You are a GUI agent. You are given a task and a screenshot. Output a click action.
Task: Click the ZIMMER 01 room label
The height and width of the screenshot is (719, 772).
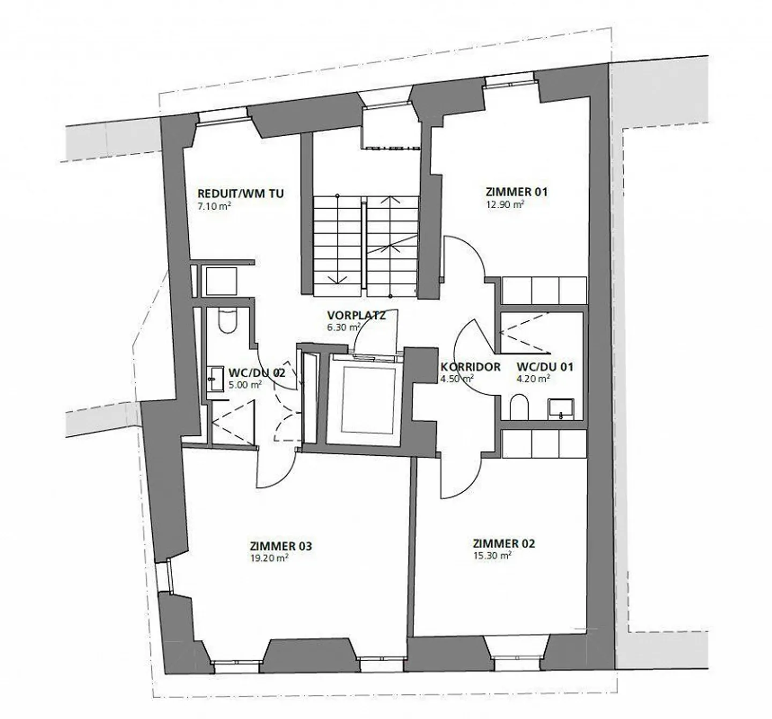[516, 191]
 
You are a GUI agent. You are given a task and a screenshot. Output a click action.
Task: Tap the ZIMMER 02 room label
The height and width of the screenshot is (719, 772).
[504, 544]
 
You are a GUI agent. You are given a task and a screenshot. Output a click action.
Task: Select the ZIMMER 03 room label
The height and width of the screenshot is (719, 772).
[280, 546]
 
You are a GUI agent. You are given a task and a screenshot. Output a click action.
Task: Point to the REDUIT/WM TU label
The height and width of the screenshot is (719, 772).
[241, 193]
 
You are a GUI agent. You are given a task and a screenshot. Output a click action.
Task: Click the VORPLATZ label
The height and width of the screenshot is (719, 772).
[357, 315]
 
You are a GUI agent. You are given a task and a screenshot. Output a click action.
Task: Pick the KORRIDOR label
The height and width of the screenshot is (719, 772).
[470, 367]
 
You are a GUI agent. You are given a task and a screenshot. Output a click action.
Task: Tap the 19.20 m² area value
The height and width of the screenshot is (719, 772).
[269, 558]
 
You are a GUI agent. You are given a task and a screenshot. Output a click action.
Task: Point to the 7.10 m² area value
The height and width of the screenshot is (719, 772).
[214, 205]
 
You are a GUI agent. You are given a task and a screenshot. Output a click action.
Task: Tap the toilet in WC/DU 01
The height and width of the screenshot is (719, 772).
[519, 407]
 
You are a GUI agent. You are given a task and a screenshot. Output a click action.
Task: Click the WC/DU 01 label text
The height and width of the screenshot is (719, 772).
[545, 367]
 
